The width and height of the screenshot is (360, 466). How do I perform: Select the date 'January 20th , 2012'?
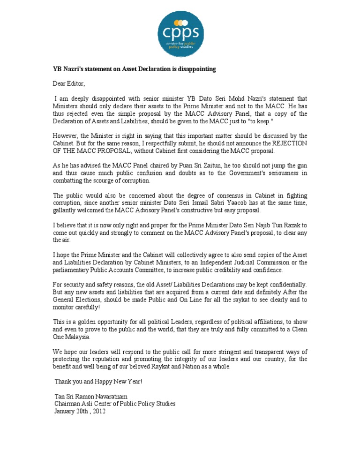pos(80,411)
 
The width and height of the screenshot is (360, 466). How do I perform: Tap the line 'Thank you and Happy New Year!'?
pos(98,382)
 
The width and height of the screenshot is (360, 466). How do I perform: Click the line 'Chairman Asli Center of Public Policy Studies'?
pos(115,404)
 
